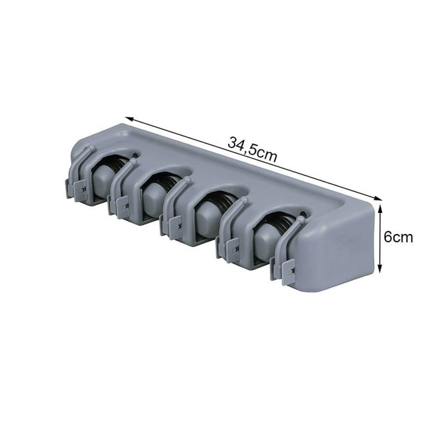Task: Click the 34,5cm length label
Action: pyautogui.click(x=252, y=149)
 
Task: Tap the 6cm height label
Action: pyautogui.click(x=398, y=237)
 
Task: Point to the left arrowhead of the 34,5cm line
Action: pyautogui.click(x=129, y=119)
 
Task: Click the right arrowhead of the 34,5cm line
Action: pyautogui.click(x=379, y=199)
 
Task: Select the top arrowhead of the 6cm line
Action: pyautogui.click(x=379, y=208)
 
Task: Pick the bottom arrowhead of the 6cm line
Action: pyautogui.click(x=379, y=269)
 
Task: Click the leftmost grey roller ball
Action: pyautogui.click(x=102, y=180)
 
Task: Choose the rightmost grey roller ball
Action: pyautogui.click(x=267, y=243)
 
